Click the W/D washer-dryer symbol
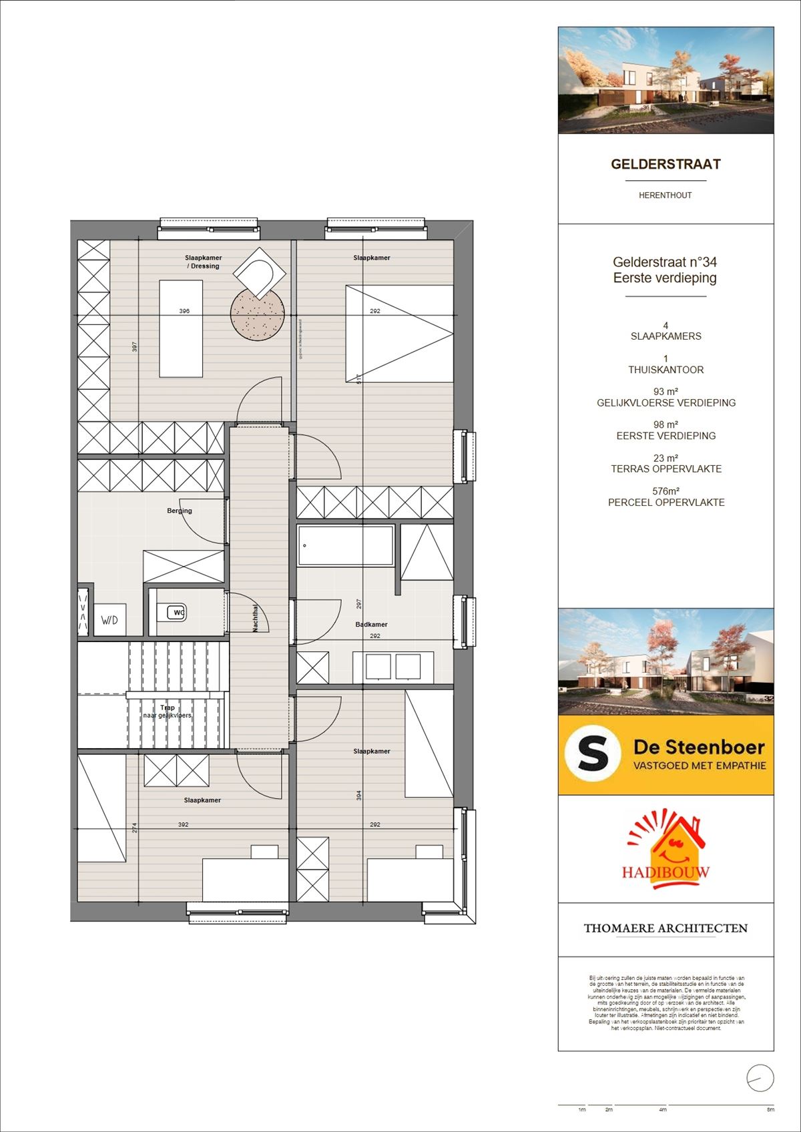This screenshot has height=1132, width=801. click(109, 620)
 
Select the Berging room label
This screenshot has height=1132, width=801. click(179, 511)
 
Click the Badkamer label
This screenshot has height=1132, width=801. click(371, 625)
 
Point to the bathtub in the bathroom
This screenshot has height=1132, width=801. click(346, 546)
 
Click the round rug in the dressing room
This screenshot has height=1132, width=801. click(258, 314)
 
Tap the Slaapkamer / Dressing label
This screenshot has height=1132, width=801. click(204, 262)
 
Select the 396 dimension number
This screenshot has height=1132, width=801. click(184, 311)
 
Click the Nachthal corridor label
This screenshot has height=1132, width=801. click(256, 618)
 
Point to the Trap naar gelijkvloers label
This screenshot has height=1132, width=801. click(167, 712)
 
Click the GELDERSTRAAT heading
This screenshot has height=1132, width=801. click(665, 164)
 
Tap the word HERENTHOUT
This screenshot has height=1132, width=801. click(665, 196)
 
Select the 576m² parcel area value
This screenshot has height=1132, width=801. click(665, 491)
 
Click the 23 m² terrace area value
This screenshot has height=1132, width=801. click(665, 458)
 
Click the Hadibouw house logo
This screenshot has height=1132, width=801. click(665, 851)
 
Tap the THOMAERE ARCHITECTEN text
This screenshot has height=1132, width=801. click(665, 928)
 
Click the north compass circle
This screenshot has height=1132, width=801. click(760, 1079)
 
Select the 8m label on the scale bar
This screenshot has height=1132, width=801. click(770, 1110)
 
